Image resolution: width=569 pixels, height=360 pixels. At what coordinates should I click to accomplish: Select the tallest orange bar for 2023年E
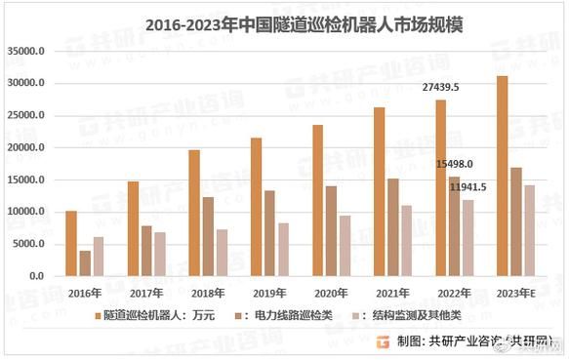[x=503, y=176]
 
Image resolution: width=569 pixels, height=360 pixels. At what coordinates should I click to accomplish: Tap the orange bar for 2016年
[x=70, y=243]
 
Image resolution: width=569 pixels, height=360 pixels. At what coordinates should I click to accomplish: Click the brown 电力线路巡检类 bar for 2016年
[x=85, y=263]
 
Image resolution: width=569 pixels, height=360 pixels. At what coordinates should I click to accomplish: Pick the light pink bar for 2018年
[x=223, y=253]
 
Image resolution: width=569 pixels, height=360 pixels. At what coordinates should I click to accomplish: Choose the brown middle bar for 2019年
[x=270, y=233]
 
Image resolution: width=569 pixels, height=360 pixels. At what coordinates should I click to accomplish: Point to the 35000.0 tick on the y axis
[x=27, y=52]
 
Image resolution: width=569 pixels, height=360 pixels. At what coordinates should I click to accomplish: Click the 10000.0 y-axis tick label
[x=27, y=213]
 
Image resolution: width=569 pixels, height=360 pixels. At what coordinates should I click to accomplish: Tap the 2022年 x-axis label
[x=454, y=291]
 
